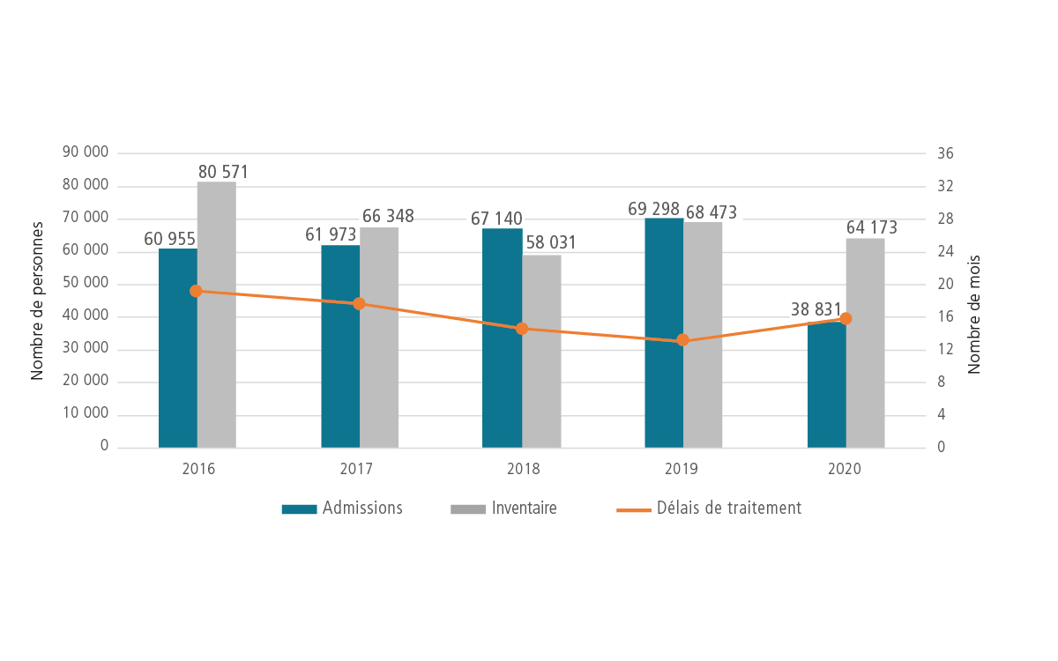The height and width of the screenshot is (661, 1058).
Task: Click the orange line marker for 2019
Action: point(682,340)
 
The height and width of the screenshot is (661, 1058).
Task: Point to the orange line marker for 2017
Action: point(359,303)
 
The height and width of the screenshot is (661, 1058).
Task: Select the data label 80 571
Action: point(223,173)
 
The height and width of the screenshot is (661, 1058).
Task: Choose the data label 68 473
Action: point(710,212)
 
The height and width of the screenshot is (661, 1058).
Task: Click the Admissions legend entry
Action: point(342,509)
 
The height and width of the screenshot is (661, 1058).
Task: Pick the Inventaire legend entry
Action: point(504,509)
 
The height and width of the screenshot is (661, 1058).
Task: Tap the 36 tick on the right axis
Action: point(946,153)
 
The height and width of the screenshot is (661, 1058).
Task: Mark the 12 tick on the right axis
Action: point(945,349)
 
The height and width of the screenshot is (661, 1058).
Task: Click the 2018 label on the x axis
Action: point(522,469)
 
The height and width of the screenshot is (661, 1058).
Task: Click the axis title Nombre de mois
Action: point(974,316)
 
